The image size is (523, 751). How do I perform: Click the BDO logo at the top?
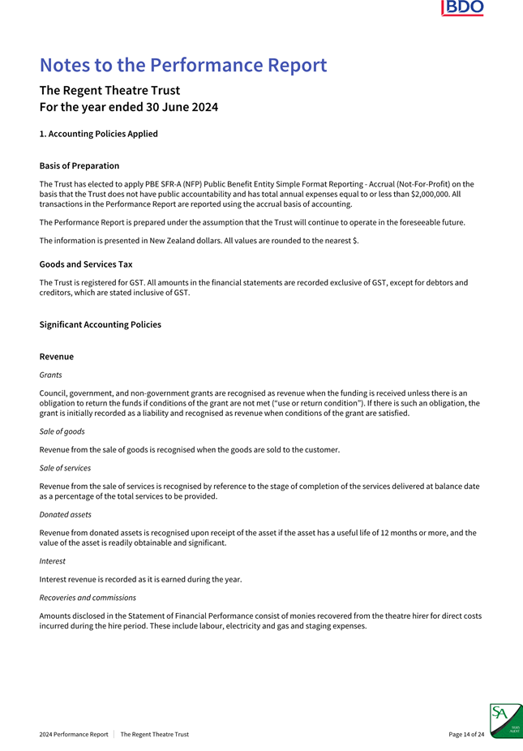(x=463, y=8)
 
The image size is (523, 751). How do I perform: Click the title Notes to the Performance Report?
(x=183, y=65)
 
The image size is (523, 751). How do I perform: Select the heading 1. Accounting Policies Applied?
(x=98, y=134)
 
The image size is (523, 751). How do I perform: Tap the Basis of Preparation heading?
(x=79, y=165)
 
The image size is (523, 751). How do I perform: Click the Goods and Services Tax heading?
(x=86, y=264)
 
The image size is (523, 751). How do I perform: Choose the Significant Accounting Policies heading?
(x=100, y=324)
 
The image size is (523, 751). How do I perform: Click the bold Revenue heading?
(x=57, y=357)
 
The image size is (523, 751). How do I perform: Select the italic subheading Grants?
(x=50, y=375)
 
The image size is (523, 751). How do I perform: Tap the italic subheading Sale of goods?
(x=62, y=431)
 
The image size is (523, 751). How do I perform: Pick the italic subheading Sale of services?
(x=65, y=468)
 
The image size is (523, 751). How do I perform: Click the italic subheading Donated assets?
(x=65, y=515)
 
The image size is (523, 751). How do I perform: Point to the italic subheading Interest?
(x=52, y=561)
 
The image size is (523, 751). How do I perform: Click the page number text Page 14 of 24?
(x=466, y=735)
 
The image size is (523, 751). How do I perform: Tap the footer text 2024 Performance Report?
(x=74, y=735)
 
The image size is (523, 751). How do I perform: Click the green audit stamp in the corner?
(x=506, y=720)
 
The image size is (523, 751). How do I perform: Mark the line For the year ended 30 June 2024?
(x=129, y=107)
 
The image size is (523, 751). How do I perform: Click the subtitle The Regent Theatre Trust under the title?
(x=109, y=90)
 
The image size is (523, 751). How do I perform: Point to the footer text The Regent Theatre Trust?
(x=154, y=735)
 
